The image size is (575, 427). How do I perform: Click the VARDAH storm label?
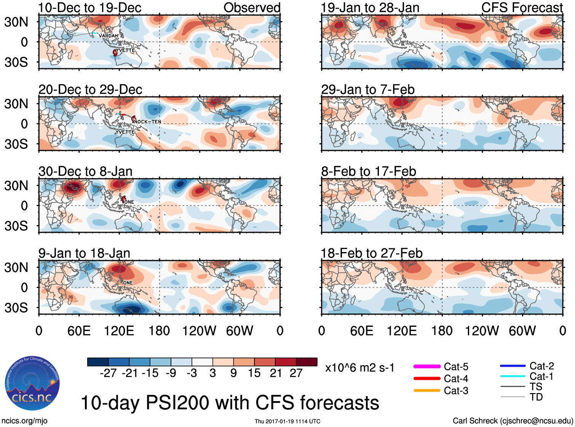(108, 36)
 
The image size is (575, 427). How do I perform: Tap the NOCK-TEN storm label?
(148, 122)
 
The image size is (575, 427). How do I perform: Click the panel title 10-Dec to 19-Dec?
(90, 8)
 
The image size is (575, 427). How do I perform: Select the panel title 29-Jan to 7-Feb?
(368, 90)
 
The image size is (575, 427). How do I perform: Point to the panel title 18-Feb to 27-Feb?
(372, 253)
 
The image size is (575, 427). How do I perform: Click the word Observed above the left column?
(252, 8)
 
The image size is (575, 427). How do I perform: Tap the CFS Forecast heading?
(522, 8)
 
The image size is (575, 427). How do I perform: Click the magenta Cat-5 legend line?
(427, 366)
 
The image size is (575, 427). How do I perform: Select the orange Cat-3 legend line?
(427, 390)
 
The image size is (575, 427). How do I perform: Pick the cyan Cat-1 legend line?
(513, 376)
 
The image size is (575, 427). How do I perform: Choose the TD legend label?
(536, 397)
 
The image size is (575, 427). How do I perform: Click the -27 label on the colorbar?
(108, 373)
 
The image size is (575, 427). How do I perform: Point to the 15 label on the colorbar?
(254, 373)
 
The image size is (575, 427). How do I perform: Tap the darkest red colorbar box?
(307, 362)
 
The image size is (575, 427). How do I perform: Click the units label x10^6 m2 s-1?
(359, 368)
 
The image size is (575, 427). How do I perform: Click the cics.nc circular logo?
(32, 384)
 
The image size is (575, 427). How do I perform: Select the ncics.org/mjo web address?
(24, 421)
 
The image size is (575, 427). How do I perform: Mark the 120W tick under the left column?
(199, 331)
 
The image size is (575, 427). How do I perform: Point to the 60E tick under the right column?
(361, 331)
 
